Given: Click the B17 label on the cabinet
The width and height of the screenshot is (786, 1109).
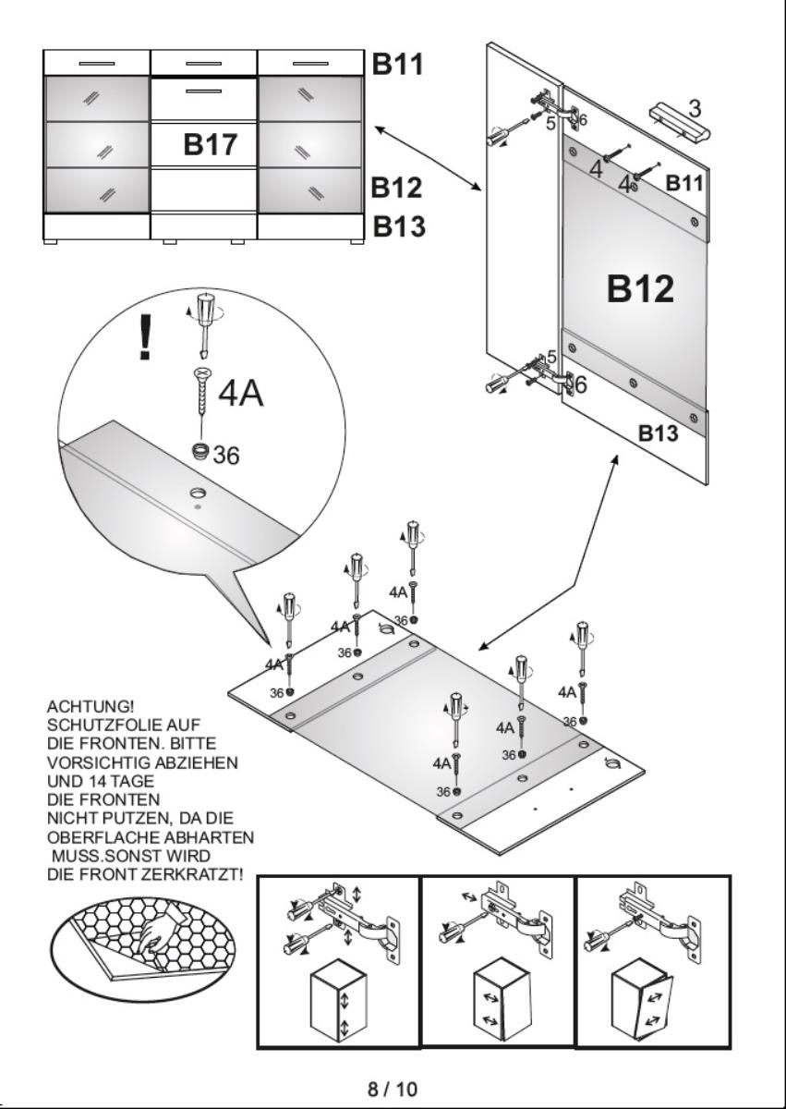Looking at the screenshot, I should tap(211, 144).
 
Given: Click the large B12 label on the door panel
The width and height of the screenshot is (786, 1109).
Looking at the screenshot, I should tap(640, 288).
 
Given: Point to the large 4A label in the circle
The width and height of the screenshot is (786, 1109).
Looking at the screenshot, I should tap(240, 393).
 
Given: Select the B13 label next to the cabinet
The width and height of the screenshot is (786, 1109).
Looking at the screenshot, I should tap(398, 225).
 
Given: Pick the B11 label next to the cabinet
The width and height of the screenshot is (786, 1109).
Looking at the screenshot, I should tap(397, 64).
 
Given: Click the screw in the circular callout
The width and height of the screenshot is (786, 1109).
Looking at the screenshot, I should tap(201, 396).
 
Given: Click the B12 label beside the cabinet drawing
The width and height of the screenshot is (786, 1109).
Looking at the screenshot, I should tap(396, 188).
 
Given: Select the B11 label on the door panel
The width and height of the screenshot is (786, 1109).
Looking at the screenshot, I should tap(684, 183).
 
